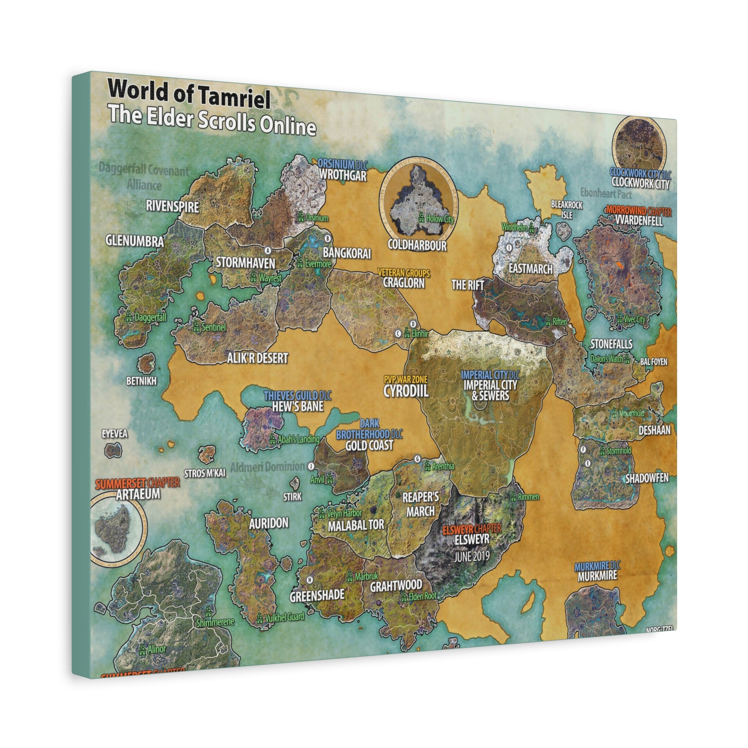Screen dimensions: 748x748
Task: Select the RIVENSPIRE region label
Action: click(172, 206)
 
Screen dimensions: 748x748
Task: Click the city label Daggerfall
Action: click(150, 317)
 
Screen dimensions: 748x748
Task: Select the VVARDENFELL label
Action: click(639, 221)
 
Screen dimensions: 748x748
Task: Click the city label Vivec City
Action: click(634, 320)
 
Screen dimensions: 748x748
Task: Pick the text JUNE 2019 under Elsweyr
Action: click(472, 557)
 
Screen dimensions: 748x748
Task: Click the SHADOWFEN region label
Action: click(647, 478)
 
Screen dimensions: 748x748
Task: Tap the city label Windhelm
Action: click(515, 227)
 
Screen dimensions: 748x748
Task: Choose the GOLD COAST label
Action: click(369, 446)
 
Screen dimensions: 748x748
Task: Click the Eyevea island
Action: click(113, 450)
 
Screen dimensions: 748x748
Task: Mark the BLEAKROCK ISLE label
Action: click(566, 209)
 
